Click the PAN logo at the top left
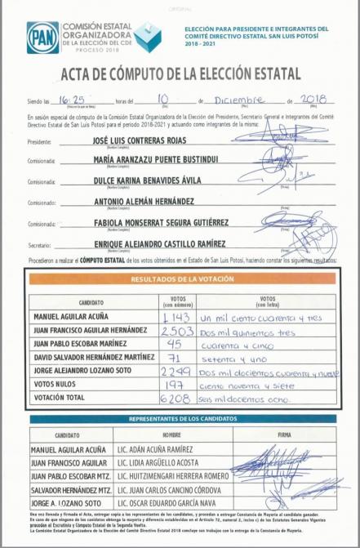(42, 37)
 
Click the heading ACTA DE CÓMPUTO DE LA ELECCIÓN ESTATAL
(180, 74)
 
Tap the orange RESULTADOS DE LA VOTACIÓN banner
(182, 278)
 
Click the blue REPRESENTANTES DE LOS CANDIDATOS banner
(182, 419)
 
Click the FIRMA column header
(284, 435)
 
